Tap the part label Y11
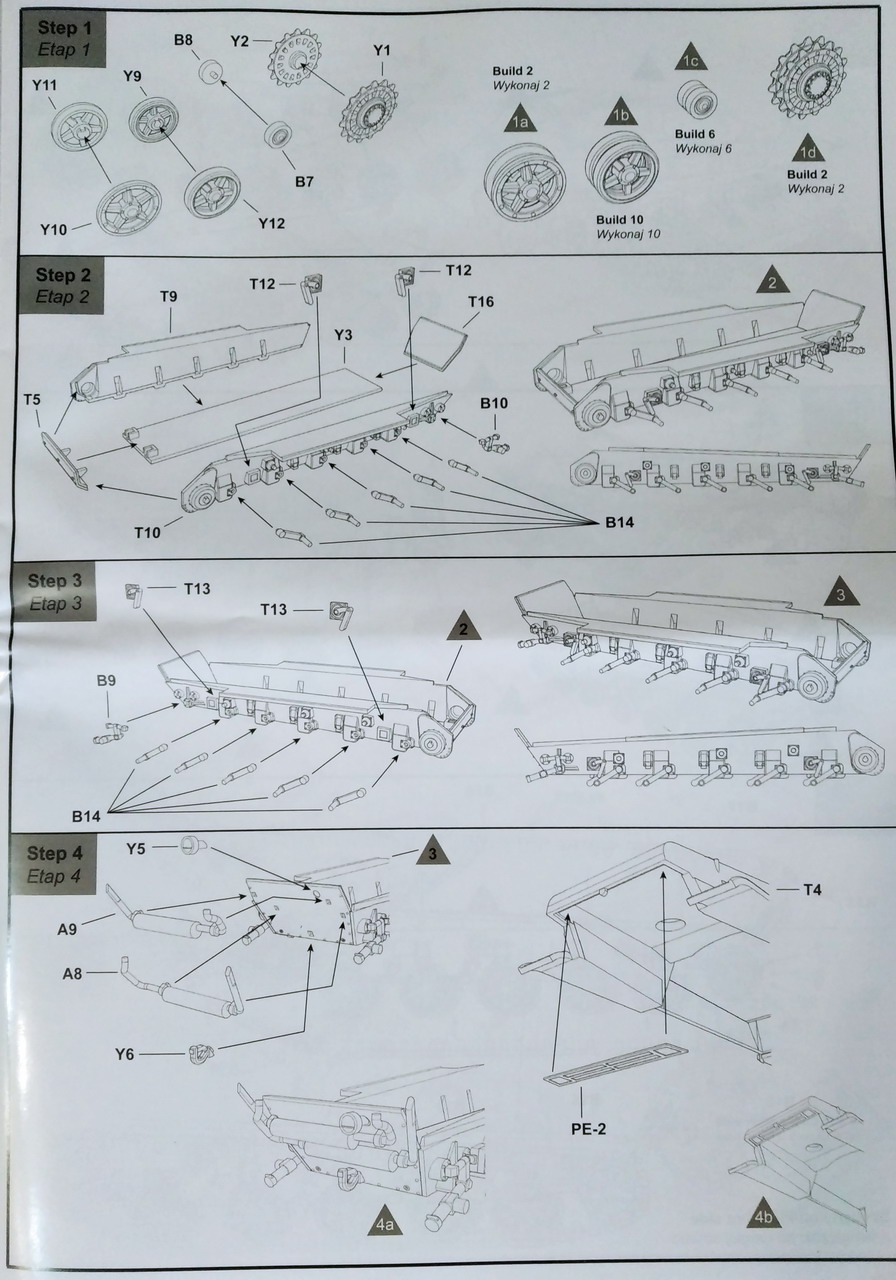point(44,87)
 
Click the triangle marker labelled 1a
point(519,121)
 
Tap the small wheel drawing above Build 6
point(696,99)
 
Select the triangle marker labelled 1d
point(808,151)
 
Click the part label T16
point(481,301)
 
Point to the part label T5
point(33,400)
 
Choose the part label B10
point(494,403)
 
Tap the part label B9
point(107,681)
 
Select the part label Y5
point(137,849)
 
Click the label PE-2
point(583,1129)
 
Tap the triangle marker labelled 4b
point(764,1214)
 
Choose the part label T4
point(813,889)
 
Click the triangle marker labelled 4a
point(385,1222)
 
